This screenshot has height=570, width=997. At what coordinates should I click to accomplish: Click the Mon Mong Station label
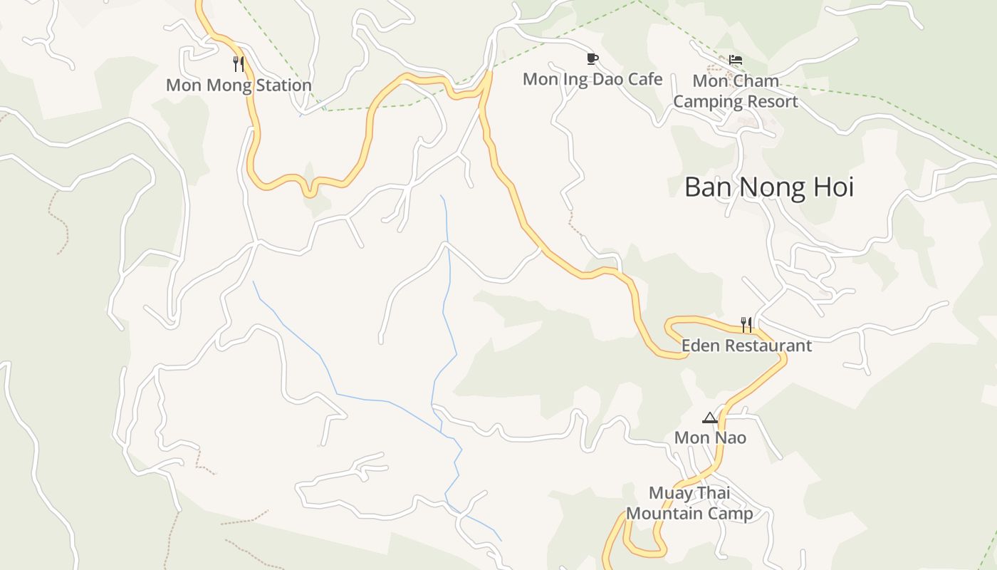pyautogui.click(x=239, y=85)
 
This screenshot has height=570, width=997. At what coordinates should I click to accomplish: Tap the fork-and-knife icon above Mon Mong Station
pyautogui.click(x=239, y=64)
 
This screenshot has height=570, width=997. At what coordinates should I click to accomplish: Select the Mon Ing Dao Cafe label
pyautogui.click(x=593, y=79)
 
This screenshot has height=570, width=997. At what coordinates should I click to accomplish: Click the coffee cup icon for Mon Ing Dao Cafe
pyautogui.click(x=592, y=58)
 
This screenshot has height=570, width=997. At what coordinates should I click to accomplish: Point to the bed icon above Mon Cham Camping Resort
pyautogui.click(x=736, y=60)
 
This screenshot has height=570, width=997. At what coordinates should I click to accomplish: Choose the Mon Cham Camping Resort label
pyautogui.click(x=736, y=91)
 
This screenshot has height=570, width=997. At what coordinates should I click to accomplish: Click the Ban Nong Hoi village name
pyautogui.click(x=768, y=187)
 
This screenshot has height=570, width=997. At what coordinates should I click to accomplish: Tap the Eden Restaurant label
pyautogui.click(x=746, y=346)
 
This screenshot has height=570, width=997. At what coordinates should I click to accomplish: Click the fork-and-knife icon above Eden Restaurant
pyautogui.click(x=746, y=325)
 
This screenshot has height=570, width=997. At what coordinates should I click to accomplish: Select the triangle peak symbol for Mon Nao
pyautogui.click(x=710, y=418)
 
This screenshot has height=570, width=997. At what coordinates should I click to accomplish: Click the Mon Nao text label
pyautogui.click(x=710, y=437)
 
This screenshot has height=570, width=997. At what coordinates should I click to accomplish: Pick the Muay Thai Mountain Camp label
pyautogui.click(x=689, y=503)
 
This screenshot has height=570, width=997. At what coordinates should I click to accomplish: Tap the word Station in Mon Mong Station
pyautogui.click(x=281, y=85)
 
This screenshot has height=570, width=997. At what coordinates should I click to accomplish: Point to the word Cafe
pyautogui.click(x=644, y=79)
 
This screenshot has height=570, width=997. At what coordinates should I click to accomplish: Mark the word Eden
pyautogui.click(x=701, y=346)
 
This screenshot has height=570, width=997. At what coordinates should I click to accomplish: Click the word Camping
pyautogui.click(x=706, y=102)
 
